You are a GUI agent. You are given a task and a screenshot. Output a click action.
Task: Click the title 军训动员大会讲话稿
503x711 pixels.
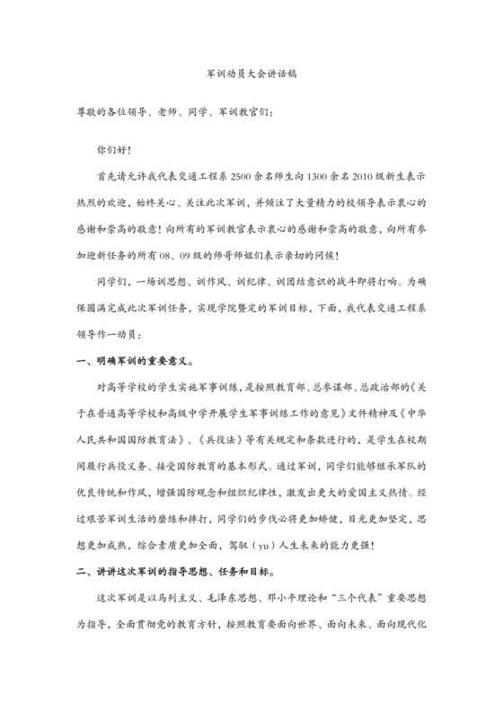(251, 77)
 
